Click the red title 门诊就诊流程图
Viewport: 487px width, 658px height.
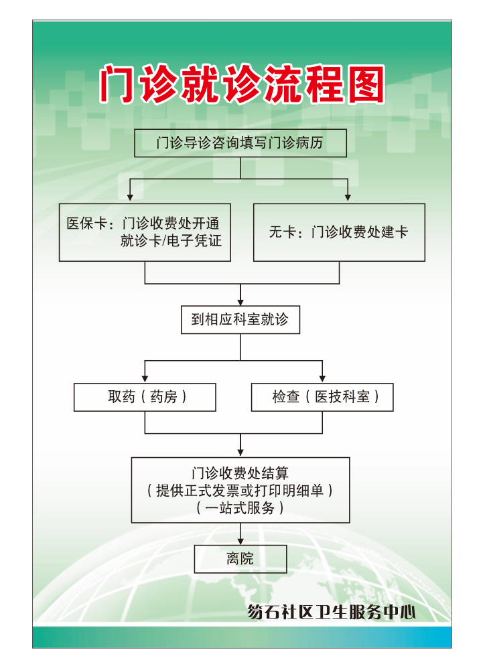click(x=242, y=85)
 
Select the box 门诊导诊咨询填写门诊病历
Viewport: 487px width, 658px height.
click(x=240, y=143)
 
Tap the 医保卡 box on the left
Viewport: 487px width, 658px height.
click(x=145, y=232)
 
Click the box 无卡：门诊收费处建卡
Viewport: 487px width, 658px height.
click(x=339, y=232)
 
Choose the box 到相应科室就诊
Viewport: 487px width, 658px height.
click(x=240, y=320)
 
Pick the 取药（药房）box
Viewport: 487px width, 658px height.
click(x=145, y=397)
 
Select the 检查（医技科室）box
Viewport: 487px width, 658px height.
click(x=322, y=397)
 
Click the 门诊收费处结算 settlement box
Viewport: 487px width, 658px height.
click(x=240, y=489)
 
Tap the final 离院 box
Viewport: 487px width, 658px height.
click(x=240, y=559)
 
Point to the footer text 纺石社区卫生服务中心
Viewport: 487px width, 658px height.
click(x=331, y=612)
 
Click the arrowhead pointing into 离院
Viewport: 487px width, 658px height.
click(x=240, y=540)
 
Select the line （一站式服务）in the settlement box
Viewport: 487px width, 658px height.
click(x=240, y=508)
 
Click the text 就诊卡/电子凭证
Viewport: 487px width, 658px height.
click(x=171, y=241)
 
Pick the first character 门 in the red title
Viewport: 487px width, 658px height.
click(x=118, y=85)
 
